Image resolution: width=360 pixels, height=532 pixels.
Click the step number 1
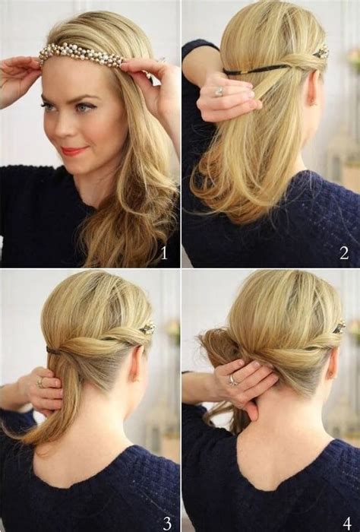tap(164, 253)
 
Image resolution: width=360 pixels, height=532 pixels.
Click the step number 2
tap(344, 253)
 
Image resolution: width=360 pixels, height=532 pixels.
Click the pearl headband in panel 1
tap(81, 55)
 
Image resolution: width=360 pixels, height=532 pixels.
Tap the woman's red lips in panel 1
tap(74, 150)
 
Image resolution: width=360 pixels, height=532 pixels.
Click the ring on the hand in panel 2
tap(219, 92)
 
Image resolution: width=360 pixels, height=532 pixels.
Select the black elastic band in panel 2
tap(256, 70)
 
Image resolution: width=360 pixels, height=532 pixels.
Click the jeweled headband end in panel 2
tap(321, 52)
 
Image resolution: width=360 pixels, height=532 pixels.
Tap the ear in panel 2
tap(312, 87)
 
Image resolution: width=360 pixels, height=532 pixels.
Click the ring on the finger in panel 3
tap(40, 383)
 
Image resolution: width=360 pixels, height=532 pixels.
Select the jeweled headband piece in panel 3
tap(147, 328)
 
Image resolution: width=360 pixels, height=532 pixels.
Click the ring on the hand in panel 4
tap(232, 380)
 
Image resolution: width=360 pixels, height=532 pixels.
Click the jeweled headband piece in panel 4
tap(339, 328)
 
